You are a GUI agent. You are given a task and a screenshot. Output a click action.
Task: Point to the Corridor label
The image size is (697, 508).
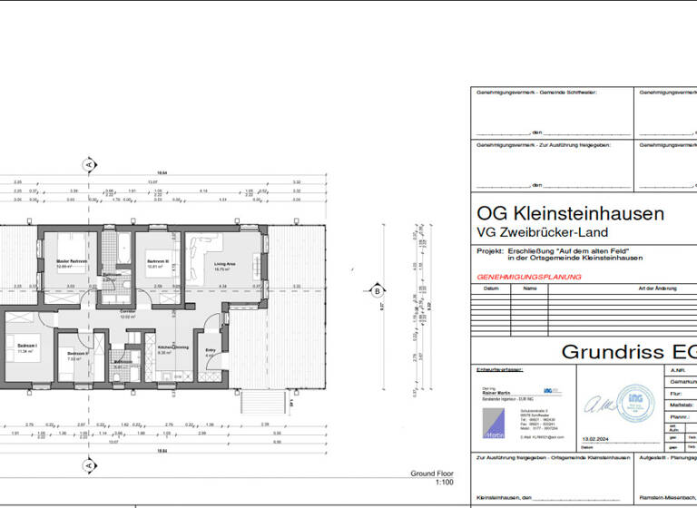(x=128, y=311)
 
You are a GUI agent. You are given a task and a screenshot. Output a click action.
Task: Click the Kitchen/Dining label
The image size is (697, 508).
(x=172, y=347)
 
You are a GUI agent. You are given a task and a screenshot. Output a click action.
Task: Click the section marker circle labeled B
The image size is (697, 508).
(x=377, y=291)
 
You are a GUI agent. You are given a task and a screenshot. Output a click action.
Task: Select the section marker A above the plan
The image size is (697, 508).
(x=89, y=165)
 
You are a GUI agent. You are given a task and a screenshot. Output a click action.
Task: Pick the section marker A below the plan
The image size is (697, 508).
(x=89, y=465)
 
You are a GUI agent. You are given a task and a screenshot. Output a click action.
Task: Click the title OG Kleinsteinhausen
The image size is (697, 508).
(x=570, y=215)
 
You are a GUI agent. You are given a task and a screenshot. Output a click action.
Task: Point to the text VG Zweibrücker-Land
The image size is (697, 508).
(x=535, y=236)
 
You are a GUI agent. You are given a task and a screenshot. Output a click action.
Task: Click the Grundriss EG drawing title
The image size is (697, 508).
(x=626, y=351)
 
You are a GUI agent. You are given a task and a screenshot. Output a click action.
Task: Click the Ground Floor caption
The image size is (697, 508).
(x=431, y=474)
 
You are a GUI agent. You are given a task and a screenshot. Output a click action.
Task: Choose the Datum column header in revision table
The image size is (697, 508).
(x=491, y=288)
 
